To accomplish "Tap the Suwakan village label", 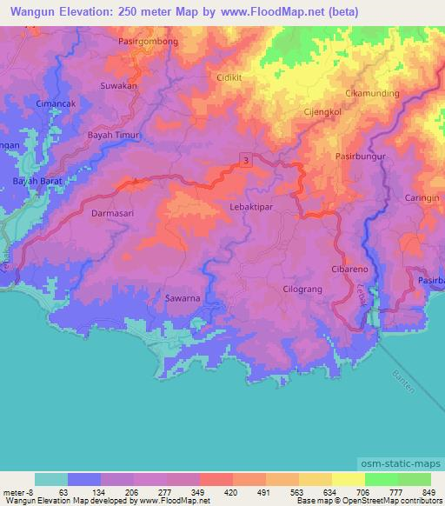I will (x=119, y=86).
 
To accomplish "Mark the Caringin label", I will (x=422, y=198).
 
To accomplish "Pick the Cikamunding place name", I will (x=372, y=93).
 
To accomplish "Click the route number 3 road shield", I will (x=247, y=159).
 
